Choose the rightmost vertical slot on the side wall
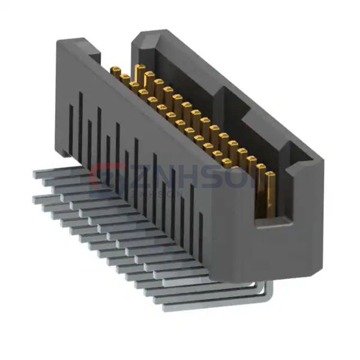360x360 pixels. [200, 231]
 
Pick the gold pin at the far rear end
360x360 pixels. [115, 71]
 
